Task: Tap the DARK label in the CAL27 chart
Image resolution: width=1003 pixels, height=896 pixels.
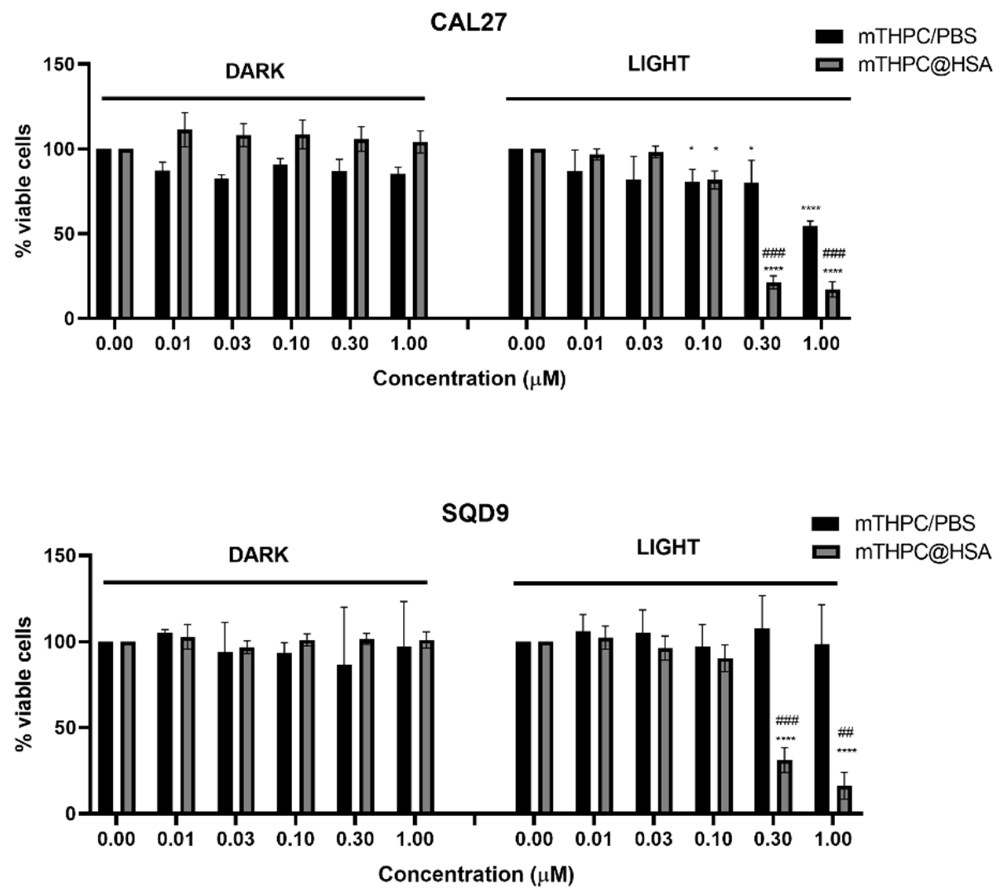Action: pos(255,72)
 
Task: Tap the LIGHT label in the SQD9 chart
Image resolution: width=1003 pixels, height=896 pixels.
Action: pos(667,547)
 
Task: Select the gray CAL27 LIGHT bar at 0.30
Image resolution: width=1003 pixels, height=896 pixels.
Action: pos(773,300)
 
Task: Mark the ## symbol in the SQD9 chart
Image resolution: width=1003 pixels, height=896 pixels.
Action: pos(845,732)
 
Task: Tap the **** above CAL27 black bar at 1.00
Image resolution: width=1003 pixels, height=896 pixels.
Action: pos(810,209)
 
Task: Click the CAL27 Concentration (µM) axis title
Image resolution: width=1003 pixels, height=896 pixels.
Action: pos(469,378)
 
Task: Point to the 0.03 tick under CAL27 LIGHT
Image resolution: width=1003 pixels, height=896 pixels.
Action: pos(644,343)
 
